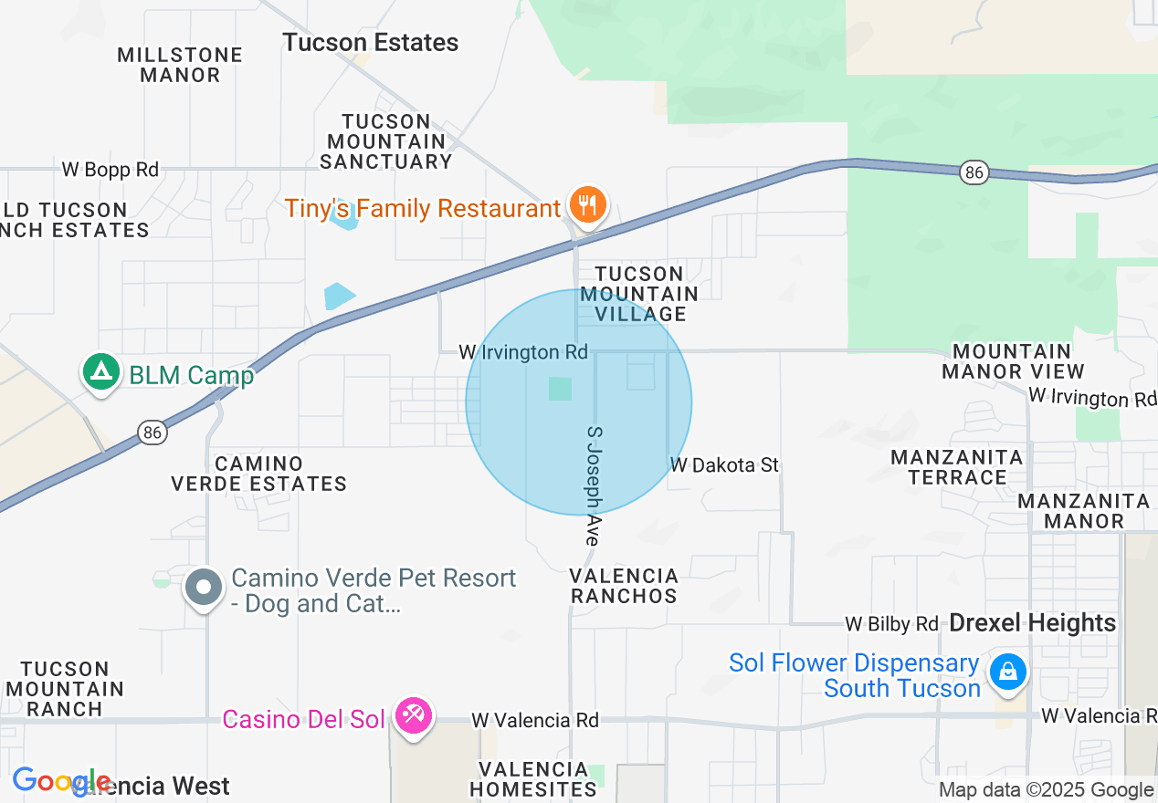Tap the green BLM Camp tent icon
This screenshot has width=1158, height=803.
[100, 371]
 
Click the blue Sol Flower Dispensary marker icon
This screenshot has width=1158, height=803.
[1007, 673]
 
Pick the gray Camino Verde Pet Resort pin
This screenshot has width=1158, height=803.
[203, 587]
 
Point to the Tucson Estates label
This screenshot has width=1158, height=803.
[370, 43]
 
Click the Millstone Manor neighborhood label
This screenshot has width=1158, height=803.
[180, 65]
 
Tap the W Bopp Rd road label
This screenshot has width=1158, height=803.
[111, 169]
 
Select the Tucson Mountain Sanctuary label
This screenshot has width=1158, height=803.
[386, 141]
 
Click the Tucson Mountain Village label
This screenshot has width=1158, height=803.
[639, 294]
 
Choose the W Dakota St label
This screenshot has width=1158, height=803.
[724, 465]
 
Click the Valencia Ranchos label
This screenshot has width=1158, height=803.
[625, 586]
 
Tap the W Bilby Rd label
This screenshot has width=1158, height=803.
[891, 624]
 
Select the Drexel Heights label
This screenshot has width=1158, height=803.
[1033, 623]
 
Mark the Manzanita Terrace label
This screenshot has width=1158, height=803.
[957, 466]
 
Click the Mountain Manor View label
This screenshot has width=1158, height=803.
[1013, 361]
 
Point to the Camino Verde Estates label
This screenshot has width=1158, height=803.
[259, 474]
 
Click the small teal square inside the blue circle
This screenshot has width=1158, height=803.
[560, 389]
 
